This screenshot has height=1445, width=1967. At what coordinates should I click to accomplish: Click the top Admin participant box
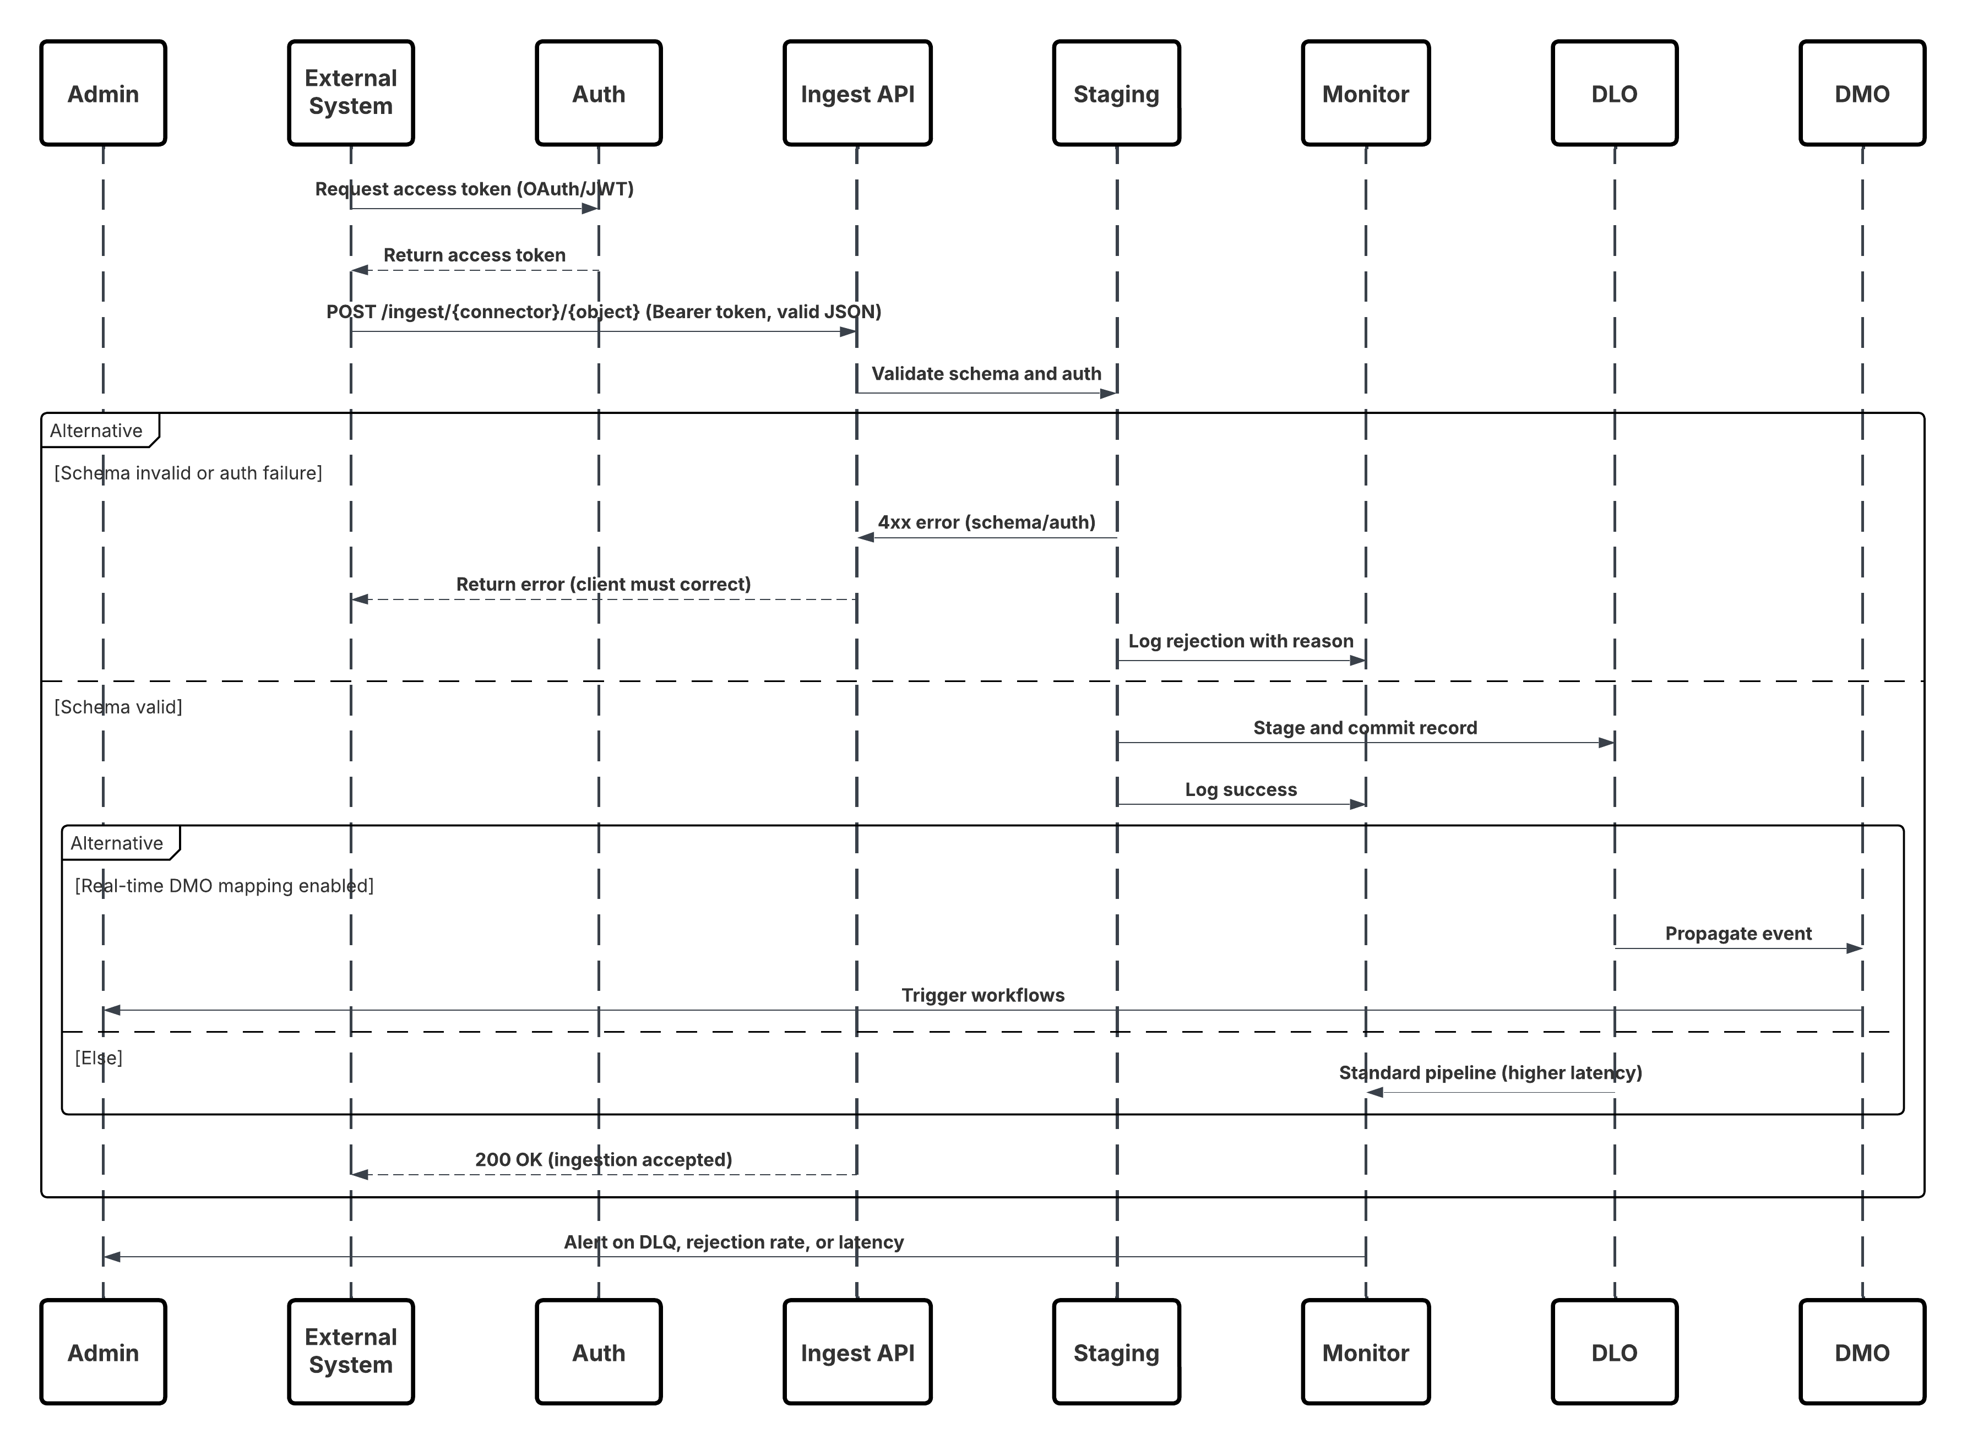pyautogui.click(x=103, y=92)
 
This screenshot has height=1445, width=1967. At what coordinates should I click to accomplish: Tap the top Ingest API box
pyautogui.click(x=857, y=92)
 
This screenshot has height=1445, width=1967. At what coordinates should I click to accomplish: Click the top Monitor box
pyautogui.click(x=1365, y=92)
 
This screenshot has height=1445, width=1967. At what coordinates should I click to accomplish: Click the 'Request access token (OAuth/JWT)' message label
pyautogui.click(x=474, y=189)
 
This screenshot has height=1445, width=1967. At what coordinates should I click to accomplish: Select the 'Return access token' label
pyautogui.click(x=474, y=255)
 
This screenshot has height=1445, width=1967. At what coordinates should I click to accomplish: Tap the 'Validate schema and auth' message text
pyautogui.click(x=986, y=374)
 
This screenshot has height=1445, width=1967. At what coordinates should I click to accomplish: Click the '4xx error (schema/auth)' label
pyautogui.click(x=986, y=523)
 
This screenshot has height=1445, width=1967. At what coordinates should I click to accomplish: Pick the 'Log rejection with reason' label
pyautogui.click(x=1240, y=641)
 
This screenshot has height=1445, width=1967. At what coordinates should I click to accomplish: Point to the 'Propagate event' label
pyautogui.click(x=1738, y=934)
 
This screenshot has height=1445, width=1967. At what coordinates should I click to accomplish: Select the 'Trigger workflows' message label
pyautogui.click(x=982, y=995)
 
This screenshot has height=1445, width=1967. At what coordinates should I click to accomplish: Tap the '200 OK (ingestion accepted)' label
pyautogui.click(x=603, y=1160)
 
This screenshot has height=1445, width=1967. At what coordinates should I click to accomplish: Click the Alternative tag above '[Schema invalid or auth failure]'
pyautogui.click(x=96, y=430)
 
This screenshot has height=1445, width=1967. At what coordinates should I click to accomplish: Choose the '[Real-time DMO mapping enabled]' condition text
pyautogui.click(x=224, y=886)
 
